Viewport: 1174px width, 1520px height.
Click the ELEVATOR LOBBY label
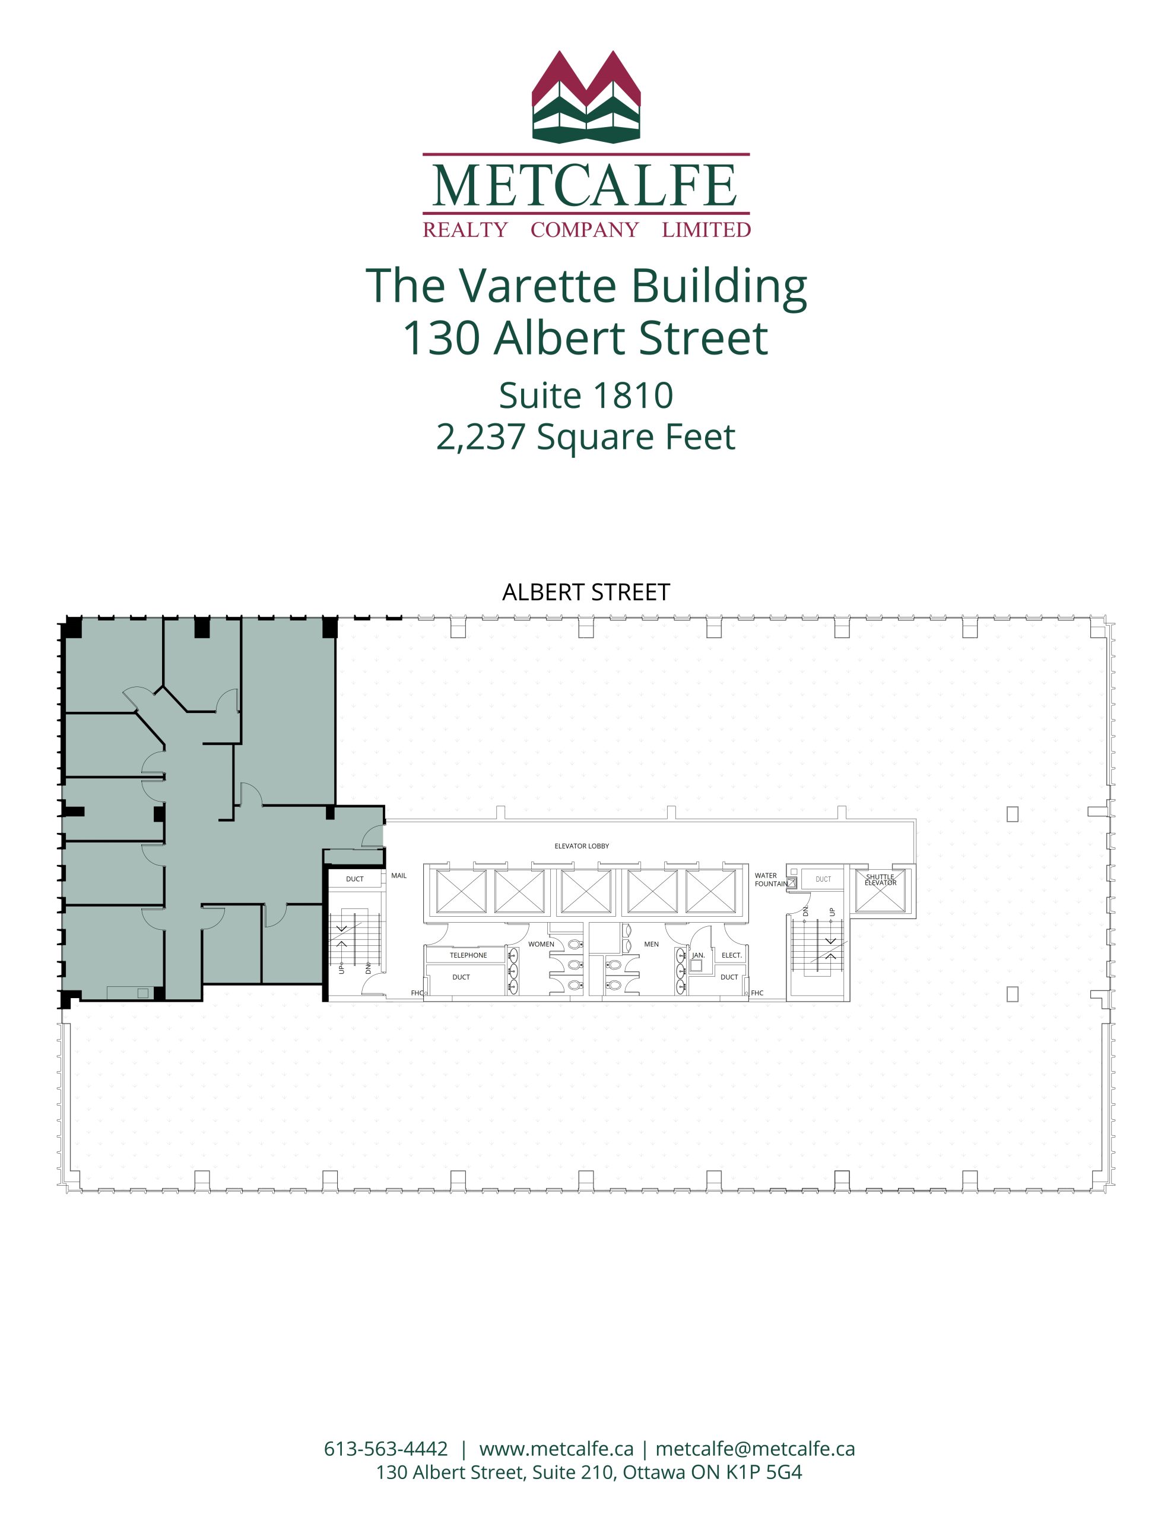[x=581, y=845]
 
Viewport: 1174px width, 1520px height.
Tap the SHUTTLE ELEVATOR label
[x=880, y=880]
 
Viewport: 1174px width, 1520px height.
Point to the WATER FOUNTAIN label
[x=771, y=880]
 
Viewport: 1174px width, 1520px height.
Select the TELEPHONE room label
[x=468, y=955]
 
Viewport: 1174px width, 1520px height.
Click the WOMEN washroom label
[x=541, y=943]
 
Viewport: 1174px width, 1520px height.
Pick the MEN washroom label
[x=651, y=943]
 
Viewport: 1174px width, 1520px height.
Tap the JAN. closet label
[x=698, y=955]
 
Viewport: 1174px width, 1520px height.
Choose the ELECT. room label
[x=731, y=955]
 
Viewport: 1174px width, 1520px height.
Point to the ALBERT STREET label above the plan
[x=586, y=593]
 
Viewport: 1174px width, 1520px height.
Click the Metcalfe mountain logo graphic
[x=586, y=97]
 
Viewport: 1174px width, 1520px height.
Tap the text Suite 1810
[x=586, y=395]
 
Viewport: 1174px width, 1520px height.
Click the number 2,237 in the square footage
[x=480, y=437]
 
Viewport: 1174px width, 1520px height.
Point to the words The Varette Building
[x=586, y=286]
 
